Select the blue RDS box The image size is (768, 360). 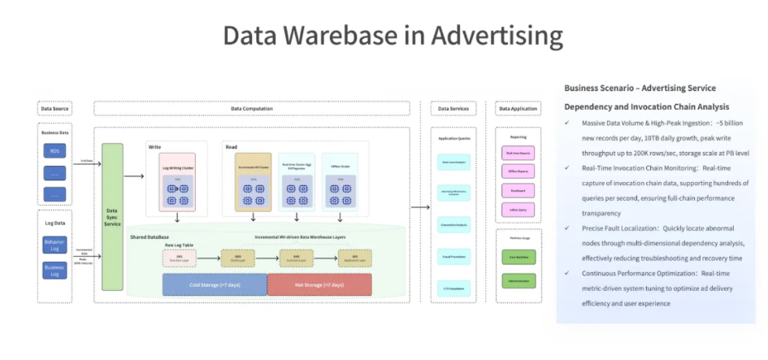[54, 150]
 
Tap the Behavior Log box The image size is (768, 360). [54, 245]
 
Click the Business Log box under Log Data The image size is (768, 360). [54, 270]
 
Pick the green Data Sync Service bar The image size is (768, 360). [112, 216]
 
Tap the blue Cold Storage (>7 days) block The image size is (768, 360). [215, 284]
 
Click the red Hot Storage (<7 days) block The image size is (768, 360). [319, 284]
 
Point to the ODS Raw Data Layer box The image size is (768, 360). [179, 258]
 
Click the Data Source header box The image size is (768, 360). [55, 108]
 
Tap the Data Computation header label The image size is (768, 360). [258, 108]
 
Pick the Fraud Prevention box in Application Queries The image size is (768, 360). [453, 258]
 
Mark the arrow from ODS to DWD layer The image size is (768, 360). [208, 258]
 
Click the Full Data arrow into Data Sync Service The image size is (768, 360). [88, 163]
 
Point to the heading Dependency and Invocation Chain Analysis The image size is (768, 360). [646, 106]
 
